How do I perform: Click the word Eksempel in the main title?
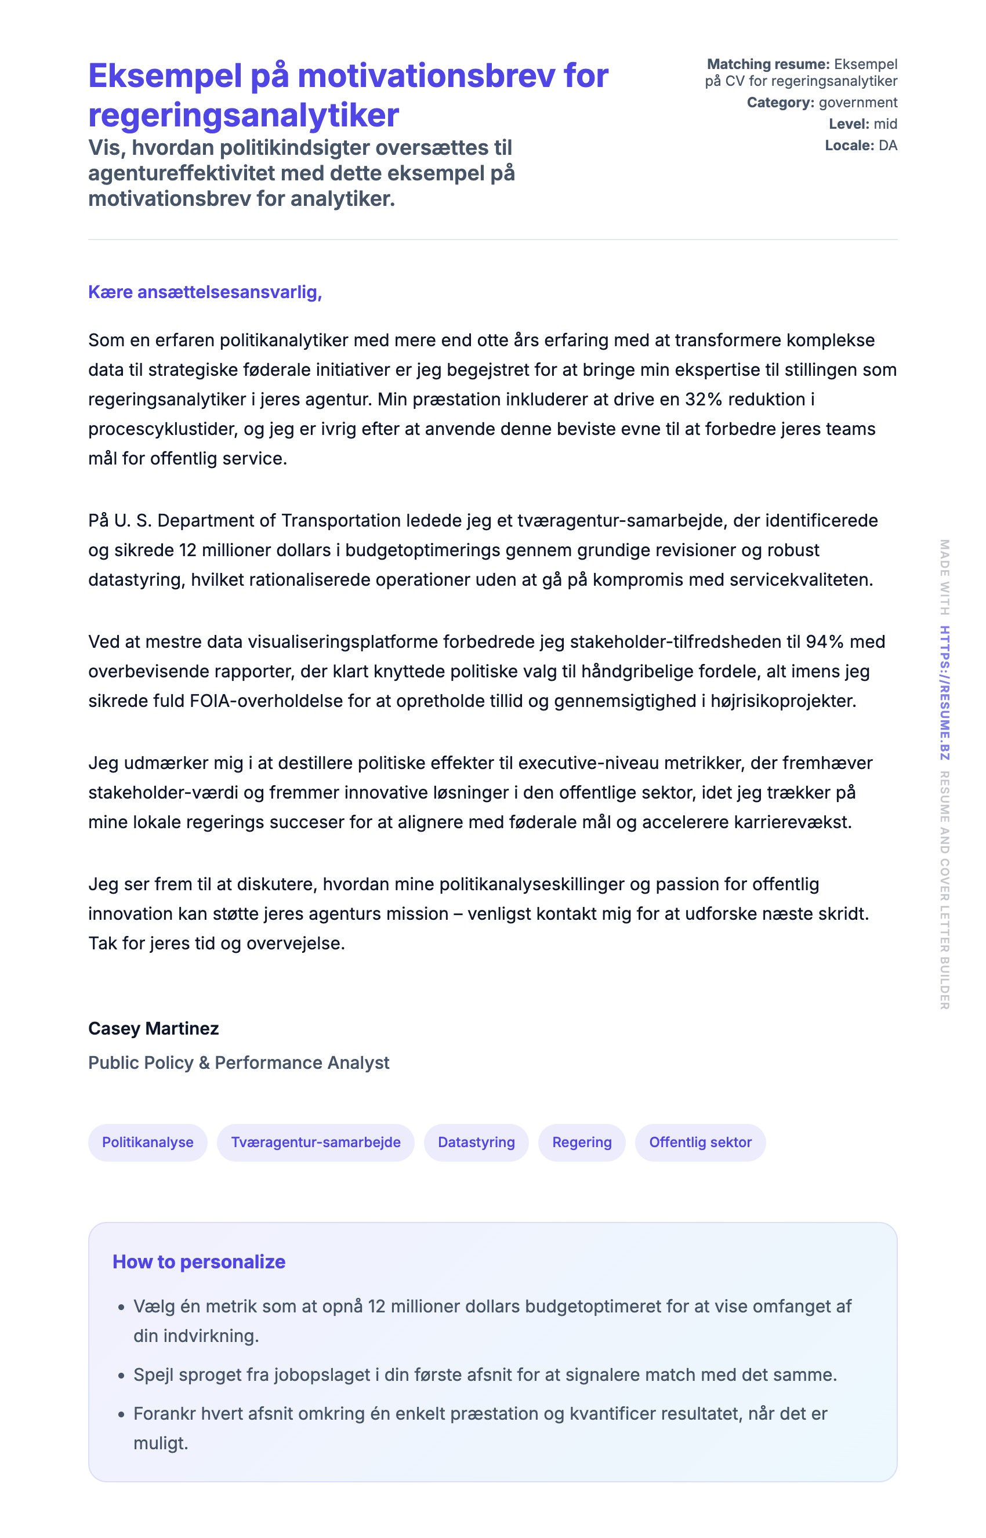click(x=164, y=76)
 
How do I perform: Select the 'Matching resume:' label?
click(x=768, y=64)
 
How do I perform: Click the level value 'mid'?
click(x=886, y=124)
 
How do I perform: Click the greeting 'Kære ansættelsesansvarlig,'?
click(x=205, y=292)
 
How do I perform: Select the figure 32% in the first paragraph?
click(x=704, y=400)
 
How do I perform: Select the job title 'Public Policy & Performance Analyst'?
click(x=239, y=1062)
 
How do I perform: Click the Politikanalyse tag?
click(x=148, y=1142)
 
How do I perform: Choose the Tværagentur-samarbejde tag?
click(x=316, y=1142)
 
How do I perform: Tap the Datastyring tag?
click(x=476, y=1142)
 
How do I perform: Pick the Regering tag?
click(x=582, y=1142)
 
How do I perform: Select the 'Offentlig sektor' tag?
click(x=701, y=1142)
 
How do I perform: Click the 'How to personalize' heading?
click(x=199, y=1261)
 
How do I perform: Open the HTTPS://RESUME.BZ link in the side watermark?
click(x=945, y=693)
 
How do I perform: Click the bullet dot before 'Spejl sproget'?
click(x=121, y=1376)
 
